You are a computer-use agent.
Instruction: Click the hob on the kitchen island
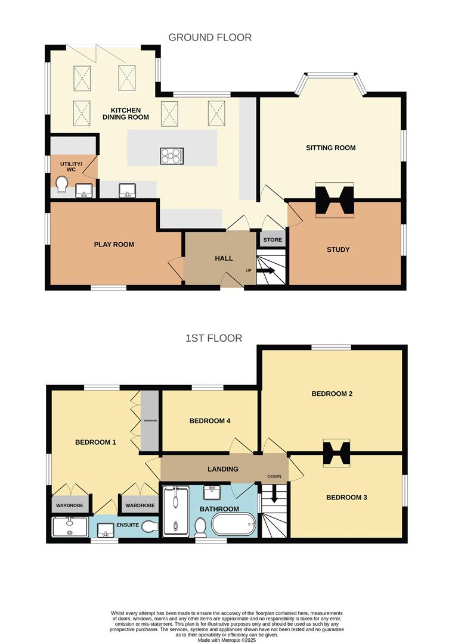[x=171, y=156]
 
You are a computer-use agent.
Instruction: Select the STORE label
[x=273, y=240]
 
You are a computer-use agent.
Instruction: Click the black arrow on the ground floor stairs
[x=267, y=271]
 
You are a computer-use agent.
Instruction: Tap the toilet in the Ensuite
[x=150, y=526]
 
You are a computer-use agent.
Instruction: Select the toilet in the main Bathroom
[x=201, y=526]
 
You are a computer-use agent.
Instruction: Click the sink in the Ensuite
[x=106, y=529]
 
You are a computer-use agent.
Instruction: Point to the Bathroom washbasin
[x=213, y=492]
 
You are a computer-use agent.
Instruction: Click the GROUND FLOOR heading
[x=210, y=38]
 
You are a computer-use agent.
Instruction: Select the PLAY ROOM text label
[x=114, y=244]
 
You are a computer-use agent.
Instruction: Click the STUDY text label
[x=338, y=249]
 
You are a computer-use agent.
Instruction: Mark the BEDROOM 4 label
[x=210, y=421]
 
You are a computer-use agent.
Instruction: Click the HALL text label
[x=224, y=258]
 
